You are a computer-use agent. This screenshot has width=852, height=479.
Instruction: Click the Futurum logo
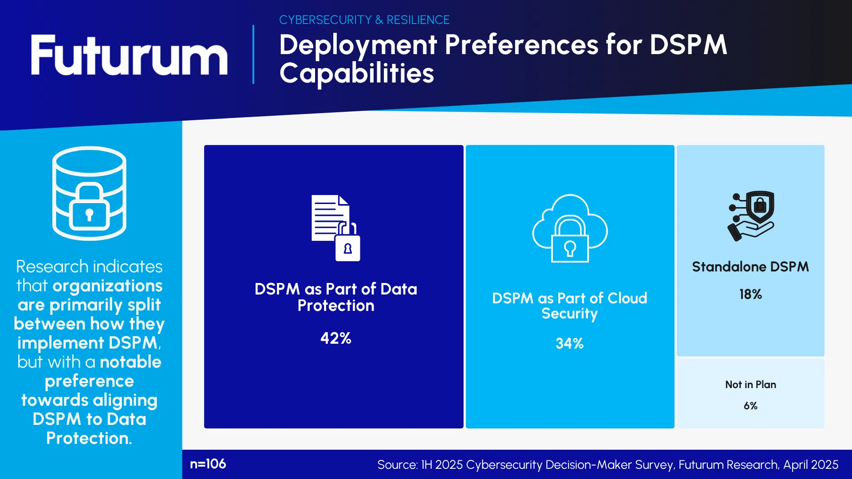(x=129, y=55)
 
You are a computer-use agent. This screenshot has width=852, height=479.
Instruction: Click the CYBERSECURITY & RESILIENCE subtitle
(x=364, y=20)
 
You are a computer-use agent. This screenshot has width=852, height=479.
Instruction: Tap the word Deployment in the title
(x=358, y=45)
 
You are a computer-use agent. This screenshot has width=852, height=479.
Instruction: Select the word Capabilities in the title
(x=356, y=74)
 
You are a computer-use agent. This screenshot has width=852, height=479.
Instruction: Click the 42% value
(x=335, y=338)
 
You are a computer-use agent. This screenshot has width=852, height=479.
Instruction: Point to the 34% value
(x=569, y=343)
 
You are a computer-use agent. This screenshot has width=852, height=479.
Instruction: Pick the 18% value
(x=750, y=294)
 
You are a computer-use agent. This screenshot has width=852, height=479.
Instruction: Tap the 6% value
(x=750, y=406)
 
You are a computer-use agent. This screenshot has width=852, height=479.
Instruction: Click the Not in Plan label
(x=750, y=385)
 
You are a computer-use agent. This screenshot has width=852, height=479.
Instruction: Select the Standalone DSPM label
(x=750, y=267)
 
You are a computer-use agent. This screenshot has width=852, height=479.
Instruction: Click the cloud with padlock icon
(x=570, y=228)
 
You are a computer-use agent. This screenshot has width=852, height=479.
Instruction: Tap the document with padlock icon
(x=335, y=228)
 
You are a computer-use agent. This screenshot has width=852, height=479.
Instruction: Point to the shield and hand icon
(x=751, y=216)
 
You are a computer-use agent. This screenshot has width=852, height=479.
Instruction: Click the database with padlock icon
(x=89, y=193)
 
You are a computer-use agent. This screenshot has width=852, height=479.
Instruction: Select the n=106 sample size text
(x=208, y=464)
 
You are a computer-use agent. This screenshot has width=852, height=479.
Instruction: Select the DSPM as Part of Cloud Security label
(x=569, y=306)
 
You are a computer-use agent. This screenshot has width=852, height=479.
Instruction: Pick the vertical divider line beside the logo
(x=253, y=54)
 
